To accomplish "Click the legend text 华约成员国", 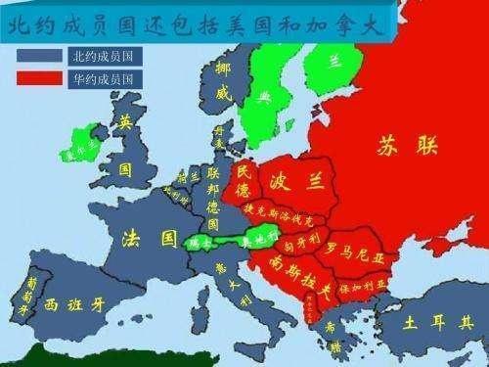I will pos(109,77).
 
